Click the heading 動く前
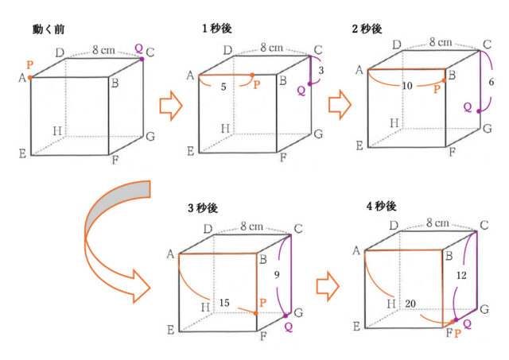tap(49, 29)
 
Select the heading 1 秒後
tap(217, 29)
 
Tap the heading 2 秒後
tap(367, 29)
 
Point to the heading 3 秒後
tap(203, 208)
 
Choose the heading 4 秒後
tap(382, 207)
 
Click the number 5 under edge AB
tap(223, 87)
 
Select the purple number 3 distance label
tap(321, 71)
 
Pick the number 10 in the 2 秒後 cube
tap(407, 86)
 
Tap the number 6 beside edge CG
tap(492, 82)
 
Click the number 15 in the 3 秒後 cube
tap(224, 303)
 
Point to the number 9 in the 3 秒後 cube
tap(277, 275)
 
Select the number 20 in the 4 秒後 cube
tap(410, 304)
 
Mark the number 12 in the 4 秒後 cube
tap(461, 276)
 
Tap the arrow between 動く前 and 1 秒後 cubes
tap(171, 106)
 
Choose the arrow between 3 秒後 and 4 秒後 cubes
tap(328, 286)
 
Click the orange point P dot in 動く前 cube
tap(30, 78)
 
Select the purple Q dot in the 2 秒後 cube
tap(479, 111)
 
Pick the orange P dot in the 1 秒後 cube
tap(252, 75)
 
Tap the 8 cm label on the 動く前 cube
tap(103, 50)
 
